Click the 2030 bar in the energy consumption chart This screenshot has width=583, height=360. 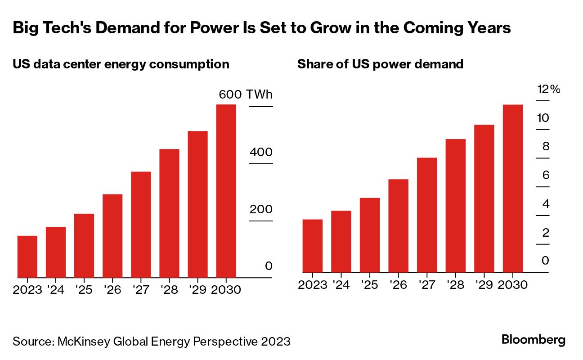click(x=226, y=191)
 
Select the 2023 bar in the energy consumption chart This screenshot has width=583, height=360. click(x=27, y=256)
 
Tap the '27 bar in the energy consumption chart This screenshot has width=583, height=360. click(x=141, y=225)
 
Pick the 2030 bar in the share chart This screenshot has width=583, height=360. click(x=512, y=189)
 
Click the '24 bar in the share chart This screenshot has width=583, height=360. click(x=341, y=242)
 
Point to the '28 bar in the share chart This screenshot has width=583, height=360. click(x=455, y=206)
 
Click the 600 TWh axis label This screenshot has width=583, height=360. click(x=246, y=94)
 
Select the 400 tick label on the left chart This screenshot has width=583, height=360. click(x=261, y=152)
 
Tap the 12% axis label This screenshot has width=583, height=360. click(x=548, y=89)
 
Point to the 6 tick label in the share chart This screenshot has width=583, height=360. click(x=546, y=175)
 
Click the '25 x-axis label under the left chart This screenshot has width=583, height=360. click(x=84, y=289)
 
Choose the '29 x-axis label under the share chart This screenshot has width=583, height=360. click(x=484, y=285)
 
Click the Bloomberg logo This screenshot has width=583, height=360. click(x=534, y=340)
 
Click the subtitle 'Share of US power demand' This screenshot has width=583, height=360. click(x=380, y=64)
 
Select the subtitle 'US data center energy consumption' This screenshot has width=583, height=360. click(x=121, y=64)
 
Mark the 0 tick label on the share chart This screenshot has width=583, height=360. click(x=546, y=261)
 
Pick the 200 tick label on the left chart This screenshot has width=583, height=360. click(x=261, y=210)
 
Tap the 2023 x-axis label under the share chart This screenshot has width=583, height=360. click(x=313, y=285)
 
